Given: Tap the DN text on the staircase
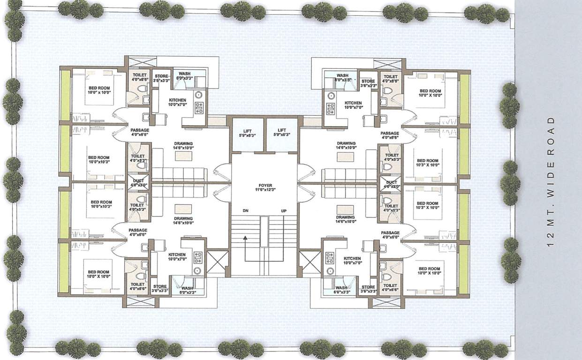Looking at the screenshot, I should click(x=245, y=210).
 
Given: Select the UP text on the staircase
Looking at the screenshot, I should click(x=283, y=210).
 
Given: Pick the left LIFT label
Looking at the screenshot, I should click(x=248, y=130).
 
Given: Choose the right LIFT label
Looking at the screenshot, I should click(x=282, y=130).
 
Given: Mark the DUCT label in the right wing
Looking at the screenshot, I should click(x=392, y=182).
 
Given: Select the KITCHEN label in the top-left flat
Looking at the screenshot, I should click(x=177, y=100).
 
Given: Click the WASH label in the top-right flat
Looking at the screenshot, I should click(x=342, y=75).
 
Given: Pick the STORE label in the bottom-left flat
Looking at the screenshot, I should click(x=159, y=286).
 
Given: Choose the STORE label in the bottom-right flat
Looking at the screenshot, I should click(x=368, y=287).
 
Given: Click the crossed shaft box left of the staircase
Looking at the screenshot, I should click(x=217, y=262).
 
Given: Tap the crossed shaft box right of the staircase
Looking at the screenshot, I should click(x=310, y=262).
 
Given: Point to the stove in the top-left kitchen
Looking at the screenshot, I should click(x=198, y=108).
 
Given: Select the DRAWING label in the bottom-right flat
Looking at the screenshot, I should click(x=345, y=217).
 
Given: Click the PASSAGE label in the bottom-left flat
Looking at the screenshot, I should click(x=138, y=230).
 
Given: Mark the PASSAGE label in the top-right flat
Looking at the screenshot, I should click(x=390, y=133).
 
